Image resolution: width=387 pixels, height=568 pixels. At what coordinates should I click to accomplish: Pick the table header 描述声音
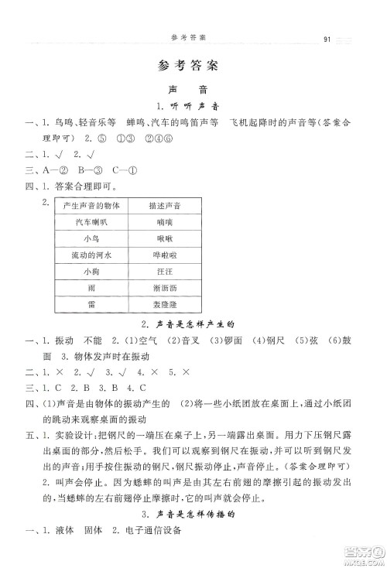164,205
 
